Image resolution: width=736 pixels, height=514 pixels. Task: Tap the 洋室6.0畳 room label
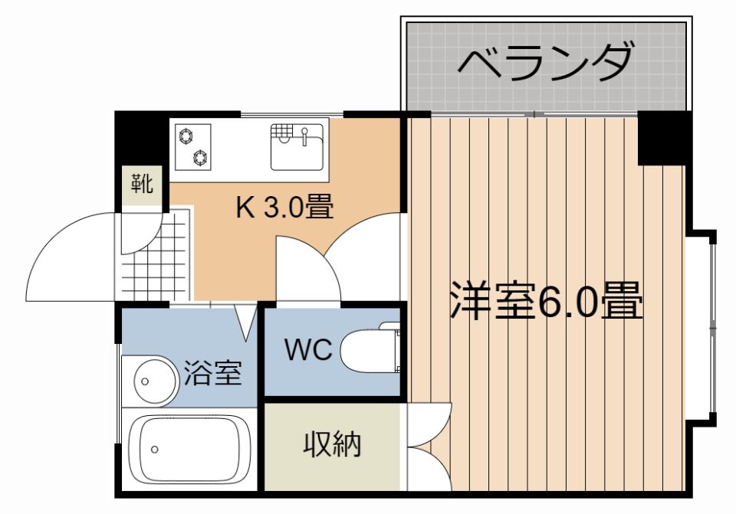[547, 300]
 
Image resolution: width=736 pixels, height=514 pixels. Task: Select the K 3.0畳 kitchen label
[284, 207]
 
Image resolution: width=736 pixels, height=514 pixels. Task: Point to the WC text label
[308, 349]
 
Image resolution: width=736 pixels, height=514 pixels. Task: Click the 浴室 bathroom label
[212, 373]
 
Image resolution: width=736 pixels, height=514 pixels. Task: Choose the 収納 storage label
[332, 444]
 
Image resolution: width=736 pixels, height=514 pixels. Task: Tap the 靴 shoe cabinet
[142, 183]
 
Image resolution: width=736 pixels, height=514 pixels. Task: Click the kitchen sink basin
[297, 147]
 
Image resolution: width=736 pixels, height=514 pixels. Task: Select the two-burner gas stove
[193, 147]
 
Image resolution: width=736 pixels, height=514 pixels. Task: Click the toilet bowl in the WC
[370, 350]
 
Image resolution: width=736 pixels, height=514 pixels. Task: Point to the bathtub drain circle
[155, 450]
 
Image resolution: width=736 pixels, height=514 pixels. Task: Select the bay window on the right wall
[701, 329]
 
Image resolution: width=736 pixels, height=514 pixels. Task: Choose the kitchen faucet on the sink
[304, 136]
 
